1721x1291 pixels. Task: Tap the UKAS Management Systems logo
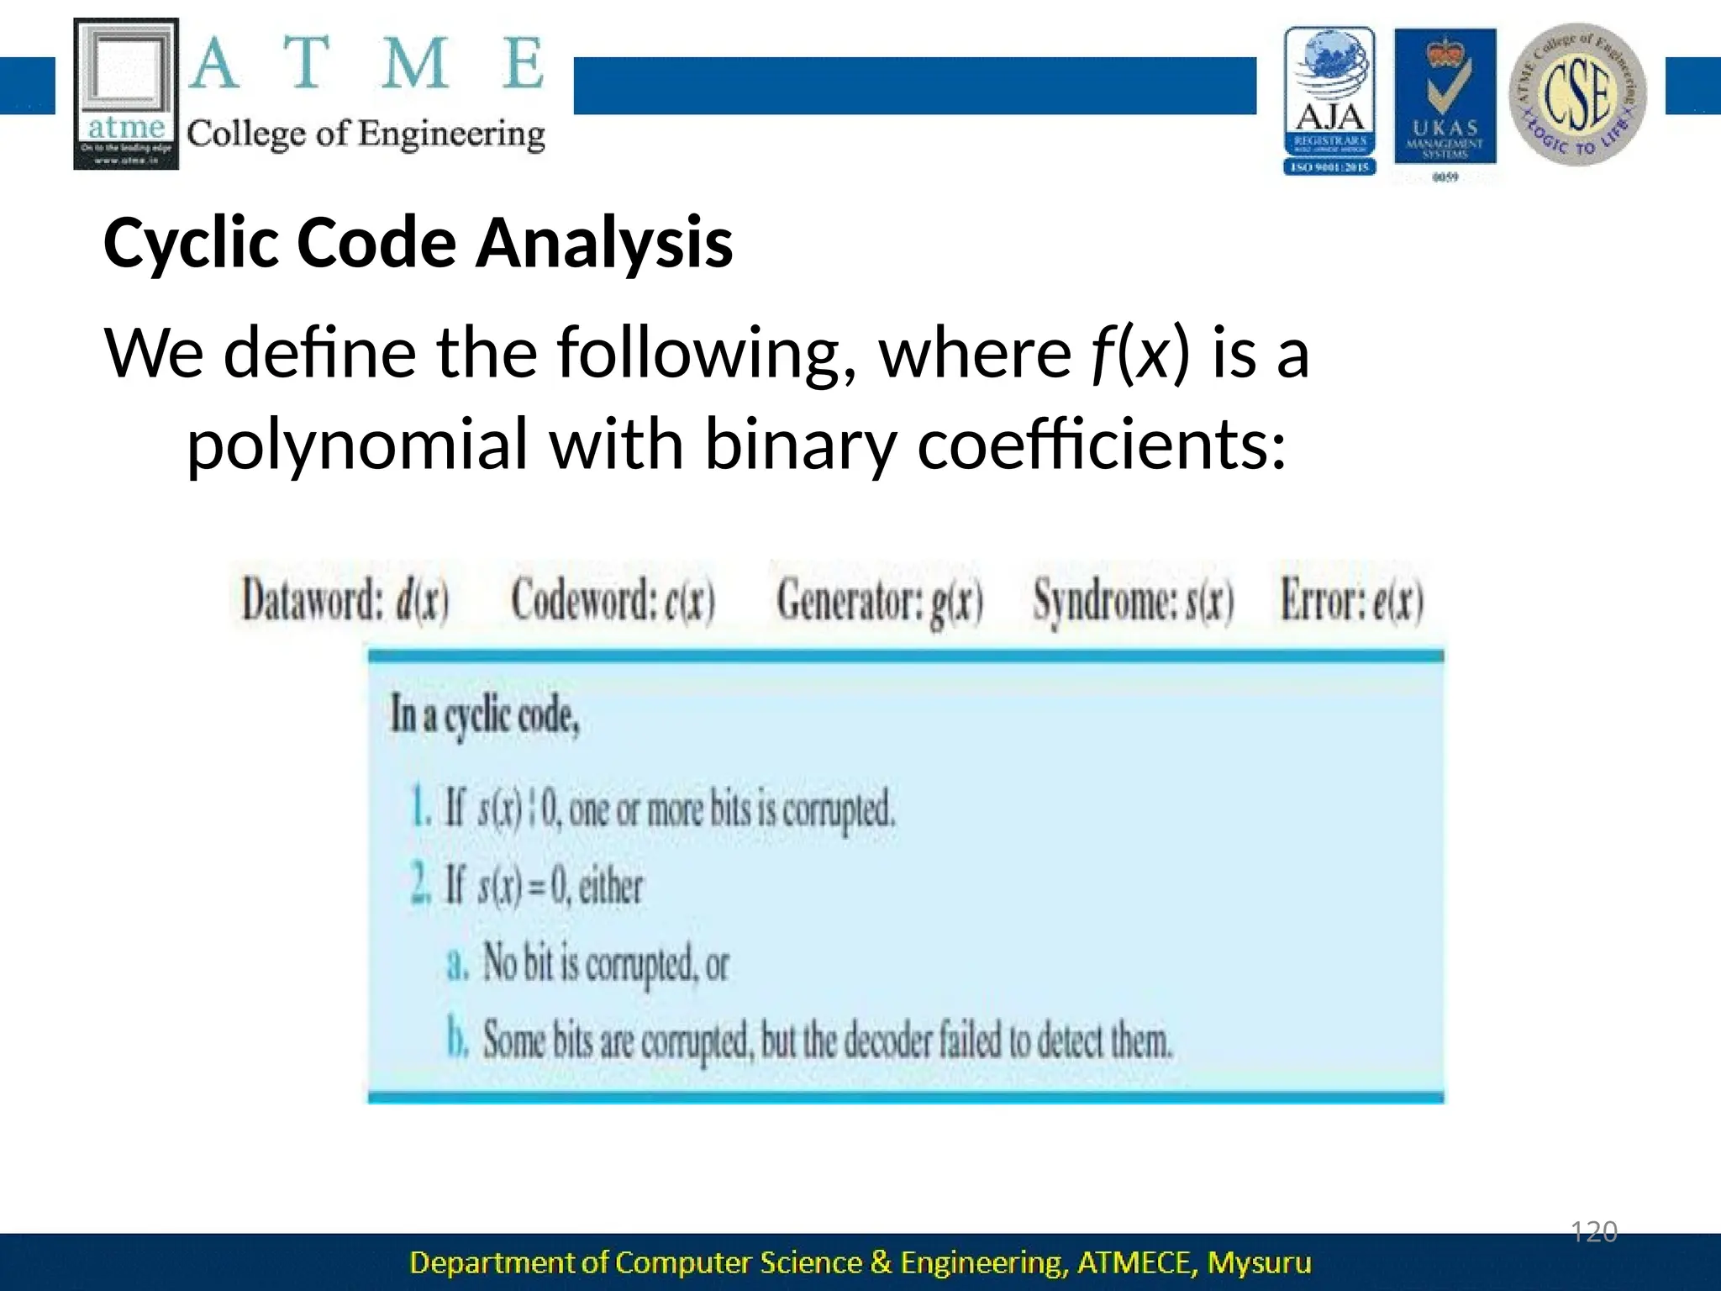[x=1445, y=99]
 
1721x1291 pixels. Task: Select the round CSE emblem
[x=1577, y=94]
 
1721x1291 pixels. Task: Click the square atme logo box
[x=127, y=93]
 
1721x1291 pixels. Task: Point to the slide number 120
[x=1593, y=1232]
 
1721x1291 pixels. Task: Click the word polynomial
[x=357, y=444]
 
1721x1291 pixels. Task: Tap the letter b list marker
[x=456, y=1039]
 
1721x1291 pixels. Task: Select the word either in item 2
[x=610, y=886]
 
